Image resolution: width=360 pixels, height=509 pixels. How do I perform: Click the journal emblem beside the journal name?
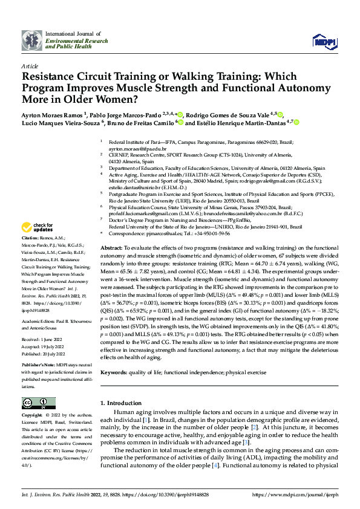click(32, 40)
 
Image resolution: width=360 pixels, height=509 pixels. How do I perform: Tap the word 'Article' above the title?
click(29, 65)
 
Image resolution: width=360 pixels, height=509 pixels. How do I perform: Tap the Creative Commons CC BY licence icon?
click(39, 403)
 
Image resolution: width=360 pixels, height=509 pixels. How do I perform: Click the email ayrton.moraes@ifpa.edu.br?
click(137, 148)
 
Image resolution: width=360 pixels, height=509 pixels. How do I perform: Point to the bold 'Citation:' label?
click(31, 239)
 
